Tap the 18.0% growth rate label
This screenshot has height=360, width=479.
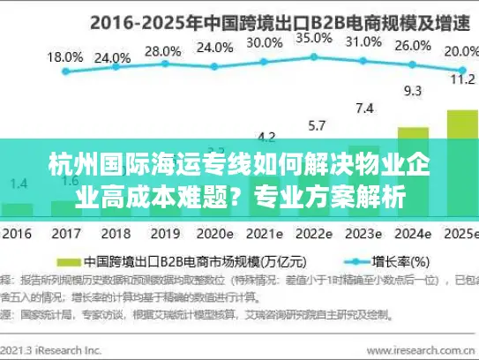click(x=64, y=56)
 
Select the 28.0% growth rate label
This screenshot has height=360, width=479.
click(x=162, y=50)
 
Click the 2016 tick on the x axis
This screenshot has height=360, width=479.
click(x=18, y=235)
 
